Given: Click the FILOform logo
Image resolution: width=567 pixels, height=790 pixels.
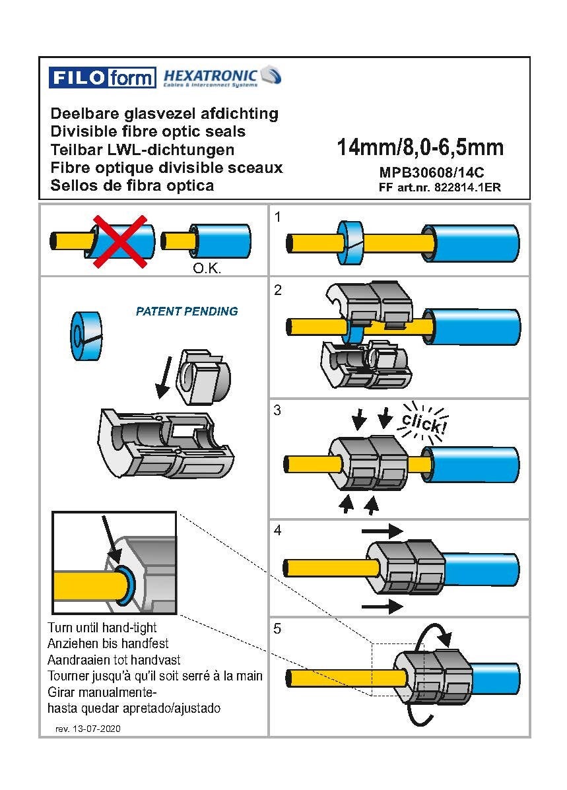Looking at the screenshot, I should click(102, 78).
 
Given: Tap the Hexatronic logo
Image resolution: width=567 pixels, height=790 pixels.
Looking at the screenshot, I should click(222, 77).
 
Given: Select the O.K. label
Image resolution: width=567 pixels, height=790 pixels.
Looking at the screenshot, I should click(206, 269).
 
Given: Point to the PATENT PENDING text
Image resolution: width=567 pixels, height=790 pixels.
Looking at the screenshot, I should click(187, 311).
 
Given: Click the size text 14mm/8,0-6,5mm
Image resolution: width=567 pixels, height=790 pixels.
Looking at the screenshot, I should click(420, 147).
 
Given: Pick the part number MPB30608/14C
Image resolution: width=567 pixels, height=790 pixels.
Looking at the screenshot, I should click(432, 172).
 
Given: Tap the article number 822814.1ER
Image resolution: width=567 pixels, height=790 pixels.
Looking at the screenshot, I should click(467, 187).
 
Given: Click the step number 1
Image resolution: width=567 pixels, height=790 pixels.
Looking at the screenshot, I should click(278, 216).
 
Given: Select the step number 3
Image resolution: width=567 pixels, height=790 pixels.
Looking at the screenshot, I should click(278, 410).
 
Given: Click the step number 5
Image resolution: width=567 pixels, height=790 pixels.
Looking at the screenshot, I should click(278, 629).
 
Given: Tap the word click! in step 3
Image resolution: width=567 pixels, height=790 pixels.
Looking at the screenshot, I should click(423, 422).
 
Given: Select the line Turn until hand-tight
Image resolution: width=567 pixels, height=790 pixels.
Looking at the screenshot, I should click(102, 627).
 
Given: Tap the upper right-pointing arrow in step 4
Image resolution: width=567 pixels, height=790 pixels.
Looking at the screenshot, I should click(382, 530).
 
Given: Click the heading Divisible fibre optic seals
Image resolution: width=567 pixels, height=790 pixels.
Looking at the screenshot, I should click(148, 131).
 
